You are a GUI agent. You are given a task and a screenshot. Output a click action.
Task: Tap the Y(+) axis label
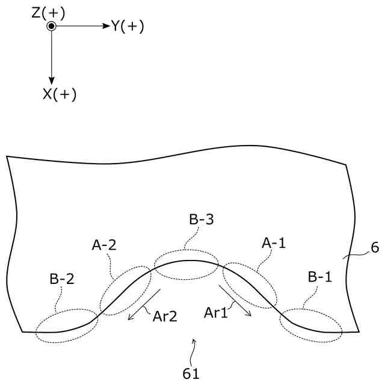coord(127,26)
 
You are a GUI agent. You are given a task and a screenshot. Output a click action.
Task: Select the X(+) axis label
coord(60,94)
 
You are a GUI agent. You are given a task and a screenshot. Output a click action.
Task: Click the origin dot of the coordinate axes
coord(52,26)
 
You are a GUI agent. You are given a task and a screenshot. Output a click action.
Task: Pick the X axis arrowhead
coord(52,79)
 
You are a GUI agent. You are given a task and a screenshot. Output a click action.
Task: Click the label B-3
coord(202,220)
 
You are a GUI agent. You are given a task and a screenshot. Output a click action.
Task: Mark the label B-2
coord(63,280)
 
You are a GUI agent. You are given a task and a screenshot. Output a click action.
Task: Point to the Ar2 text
coord(164,316)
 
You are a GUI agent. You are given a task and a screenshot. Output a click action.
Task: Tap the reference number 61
coord(191,374)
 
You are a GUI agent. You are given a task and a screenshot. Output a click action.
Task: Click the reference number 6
coord(375,247)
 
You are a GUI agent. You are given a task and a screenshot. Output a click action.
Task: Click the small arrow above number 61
coord(193,345)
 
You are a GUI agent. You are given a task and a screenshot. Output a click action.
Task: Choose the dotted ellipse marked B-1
coord(312,325)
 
